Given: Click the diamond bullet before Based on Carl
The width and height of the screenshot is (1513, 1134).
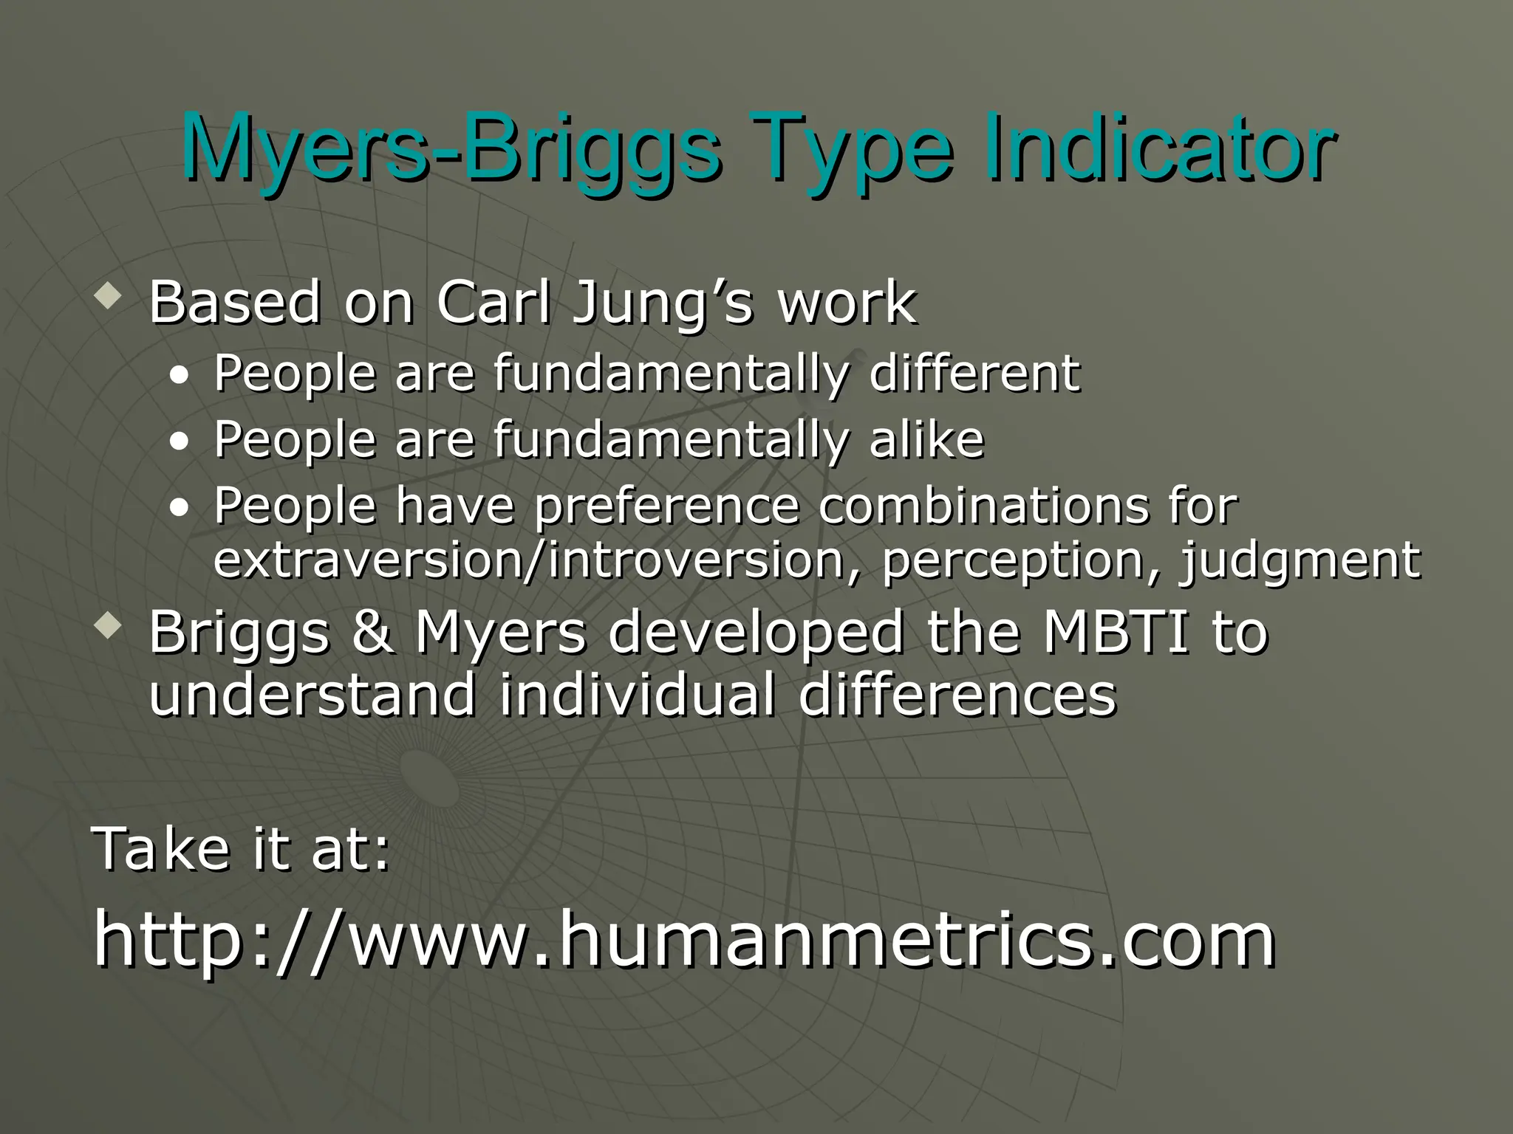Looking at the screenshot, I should point(109,298).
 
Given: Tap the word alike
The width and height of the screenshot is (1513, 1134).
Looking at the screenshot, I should point(926,439).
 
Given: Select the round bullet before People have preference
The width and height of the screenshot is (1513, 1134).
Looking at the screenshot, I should point(179,508).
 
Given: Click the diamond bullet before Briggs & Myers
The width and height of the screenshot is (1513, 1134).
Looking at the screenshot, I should point(109,628).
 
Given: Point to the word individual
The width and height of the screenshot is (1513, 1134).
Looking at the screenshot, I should point(637,695).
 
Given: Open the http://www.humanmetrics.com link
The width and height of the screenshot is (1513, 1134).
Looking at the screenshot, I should point(684,939).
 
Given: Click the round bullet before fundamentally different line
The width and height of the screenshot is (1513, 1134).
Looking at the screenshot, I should point(179,376).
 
